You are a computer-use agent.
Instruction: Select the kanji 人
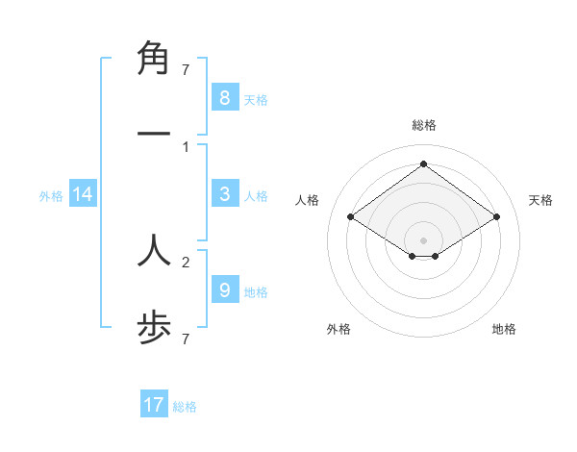click(x=154, y=250)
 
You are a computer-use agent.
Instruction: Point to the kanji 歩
click(x=154, y=328)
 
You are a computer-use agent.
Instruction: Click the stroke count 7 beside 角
click(x=186, y=69)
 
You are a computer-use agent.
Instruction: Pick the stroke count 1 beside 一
click(x=186, y=146)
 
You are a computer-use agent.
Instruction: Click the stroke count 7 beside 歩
click(x=186, y=339)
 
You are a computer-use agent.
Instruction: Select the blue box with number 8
click(x=224, y=97)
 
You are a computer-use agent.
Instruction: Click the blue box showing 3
click(x=224, y=194)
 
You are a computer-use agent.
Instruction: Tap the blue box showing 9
click(x=224, y=289)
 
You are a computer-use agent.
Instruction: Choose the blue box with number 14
click(x=83, y=194)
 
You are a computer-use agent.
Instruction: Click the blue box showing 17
click(x=154, y=405)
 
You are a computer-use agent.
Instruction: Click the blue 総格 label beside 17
click(x=185, y=407)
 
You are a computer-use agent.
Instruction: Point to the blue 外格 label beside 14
click(x=51, y=196)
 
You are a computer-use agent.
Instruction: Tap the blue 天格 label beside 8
click(x=256, y=99)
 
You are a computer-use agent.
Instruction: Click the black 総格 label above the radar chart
click(x=424, y=125)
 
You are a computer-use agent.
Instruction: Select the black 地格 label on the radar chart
click(x=504, y=329)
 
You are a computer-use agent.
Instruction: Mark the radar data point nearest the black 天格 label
click(x=496, y=217)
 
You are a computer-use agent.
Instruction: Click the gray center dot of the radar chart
click(x=424, y=239)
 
